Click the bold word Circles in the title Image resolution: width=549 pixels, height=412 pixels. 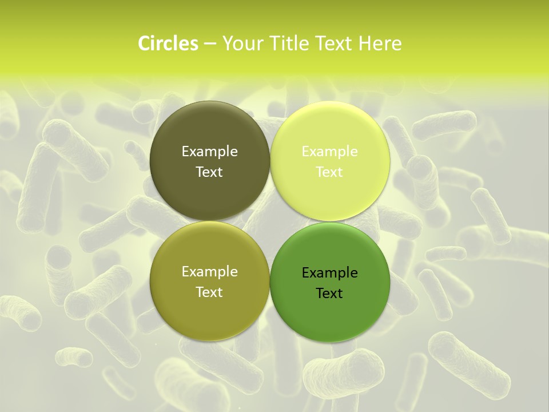coord(168,43)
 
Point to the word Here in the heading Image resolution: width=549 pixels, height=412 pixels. coord(380,43)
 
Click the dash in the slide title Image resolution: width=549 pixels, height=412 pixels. coord(210,44)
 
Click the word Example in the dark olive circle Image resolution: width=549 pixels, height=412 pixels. coord(209,152)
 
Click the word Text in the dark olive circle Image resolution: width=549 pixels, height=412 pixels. coord(209,172)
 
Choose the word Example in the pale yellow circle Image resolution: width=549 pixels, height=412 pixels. coord(329,152)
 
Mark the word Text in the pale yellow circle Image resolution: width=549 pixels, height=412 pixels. coord(329,172)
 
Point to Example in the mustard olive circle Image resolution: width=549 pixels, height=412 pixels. coord(209,272)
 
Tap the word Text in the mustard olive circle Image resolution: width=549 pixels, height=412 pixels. coord(209,292)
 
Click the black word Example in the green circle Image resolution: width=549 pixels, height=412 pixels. coord(329,273)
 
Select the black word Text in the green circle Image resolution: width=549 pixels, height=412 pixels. coord(329,294)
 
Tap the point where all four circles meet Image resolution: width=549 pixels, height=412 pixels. coord(270,221)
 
